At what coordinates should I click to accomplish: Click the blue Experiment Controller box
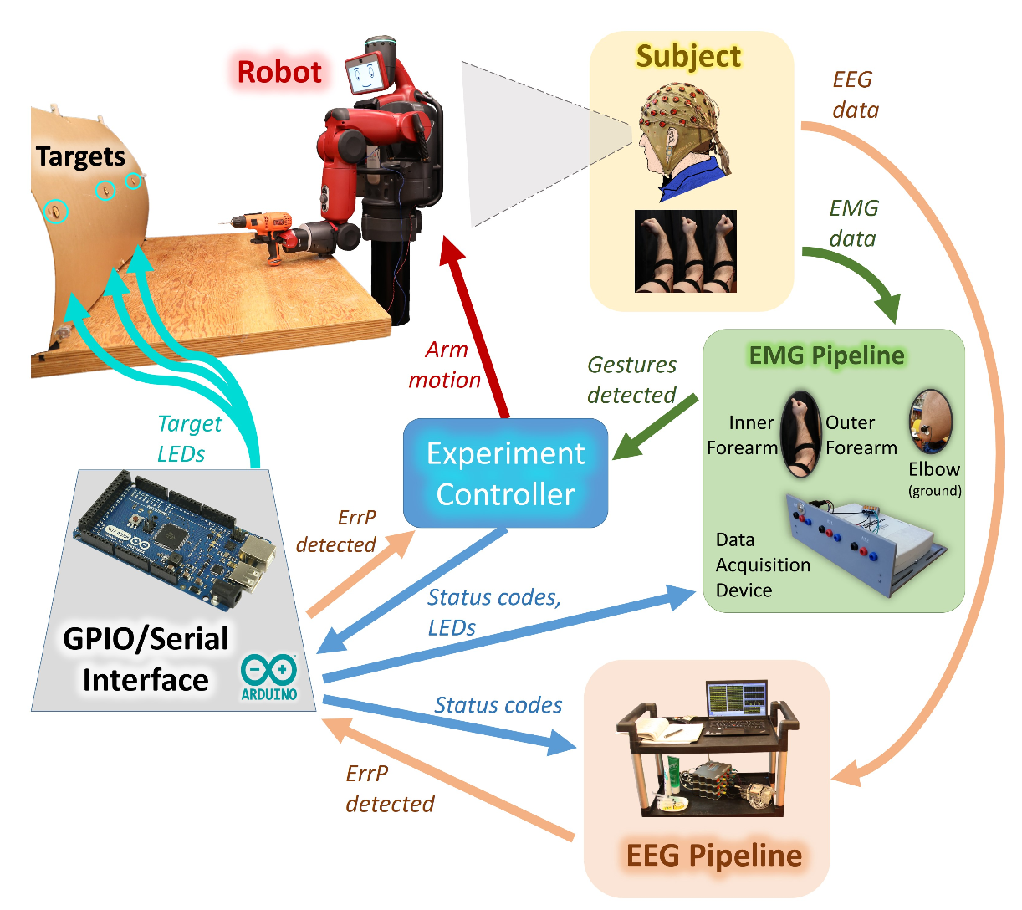coord(505,473)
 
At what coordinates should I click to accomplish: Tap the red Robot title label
coord(279,72)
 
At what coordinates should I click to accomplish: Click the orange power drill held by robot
coord(263,229)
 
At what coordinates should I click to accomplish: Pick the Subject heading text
coord(688,56)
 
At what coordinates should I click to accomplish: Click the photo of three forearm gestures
coord(686,251)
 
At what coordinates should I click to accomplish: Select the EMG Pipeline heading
coord(826,355)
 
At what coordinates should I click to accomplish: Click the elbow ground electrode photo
coord(931,422)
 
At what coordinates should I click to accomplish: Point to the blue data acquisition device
coord(866,544)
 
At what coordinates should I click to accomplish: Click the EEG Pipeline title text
coord(713,856)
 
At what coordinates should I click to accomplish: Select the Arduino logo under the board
coord(268,676)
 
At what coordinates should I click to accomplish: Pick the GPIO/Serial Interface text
coord(146,659)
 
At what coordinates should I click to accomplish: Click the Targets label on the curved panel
coord(80,156)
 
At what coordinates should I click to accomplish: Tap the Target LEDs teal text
coord(189,438)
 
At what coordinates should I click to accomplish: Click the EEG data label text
coord(855,95)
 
